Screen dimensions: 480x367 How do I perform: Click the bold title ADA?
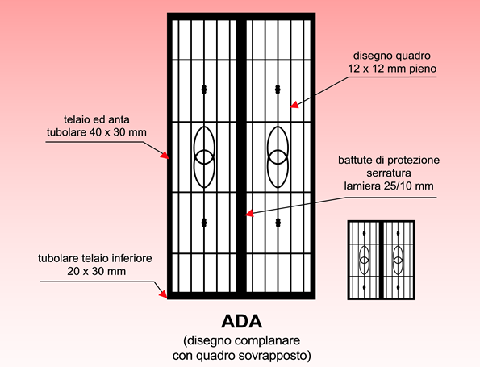[x=241, y=321]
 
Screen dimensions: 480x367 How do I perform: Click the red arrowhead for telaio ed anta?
[x=165, y=155]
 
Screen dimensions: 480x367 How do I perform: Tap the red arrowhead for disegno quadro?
[x=294, y=105]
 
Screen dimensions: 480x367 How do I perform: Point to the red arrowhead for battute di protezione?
[x=249, y=213]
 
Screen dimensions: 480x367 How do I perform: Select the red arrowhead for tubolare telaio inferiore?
[x=163, y=294]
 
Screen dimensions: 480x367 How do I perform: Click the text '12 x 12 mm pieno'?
[x=392, y=69]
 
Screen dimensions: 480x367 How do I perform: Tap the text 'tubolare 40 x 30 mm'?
[x=97, y=132]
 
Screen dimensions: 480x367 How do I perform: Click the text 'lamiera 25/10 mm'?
[x=389, y=186]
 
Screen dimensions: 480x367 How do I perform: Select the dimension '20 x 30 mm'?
[x=97, y=271]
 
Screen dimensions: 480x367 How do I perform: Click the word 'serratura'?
[x=389, y=173]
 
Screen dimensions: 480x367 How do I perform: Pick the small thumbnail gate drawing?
[x=382, y=260]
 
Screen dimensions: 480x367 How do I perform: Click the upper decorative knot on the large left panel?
[x=204, y=90]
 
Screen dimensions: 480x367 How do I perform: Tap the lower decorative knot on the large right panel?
[x=278, y=223]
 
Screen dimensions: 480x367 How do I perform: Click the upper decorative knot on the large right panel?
[x=278, y=90]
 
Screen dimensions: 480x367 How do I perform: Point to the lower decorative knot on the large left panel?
[x=204, y=223]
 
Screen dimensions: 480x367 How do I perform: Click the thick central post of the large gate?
[x=241, y=156]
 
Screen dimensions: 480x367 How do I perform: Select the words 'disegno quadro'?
[x=392, y=56]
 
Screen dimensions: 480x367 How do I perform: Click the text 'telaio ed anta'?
[x=97, y=119]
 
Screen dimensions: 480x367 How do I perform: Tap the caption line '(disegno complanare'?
[x=241, y=340]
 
